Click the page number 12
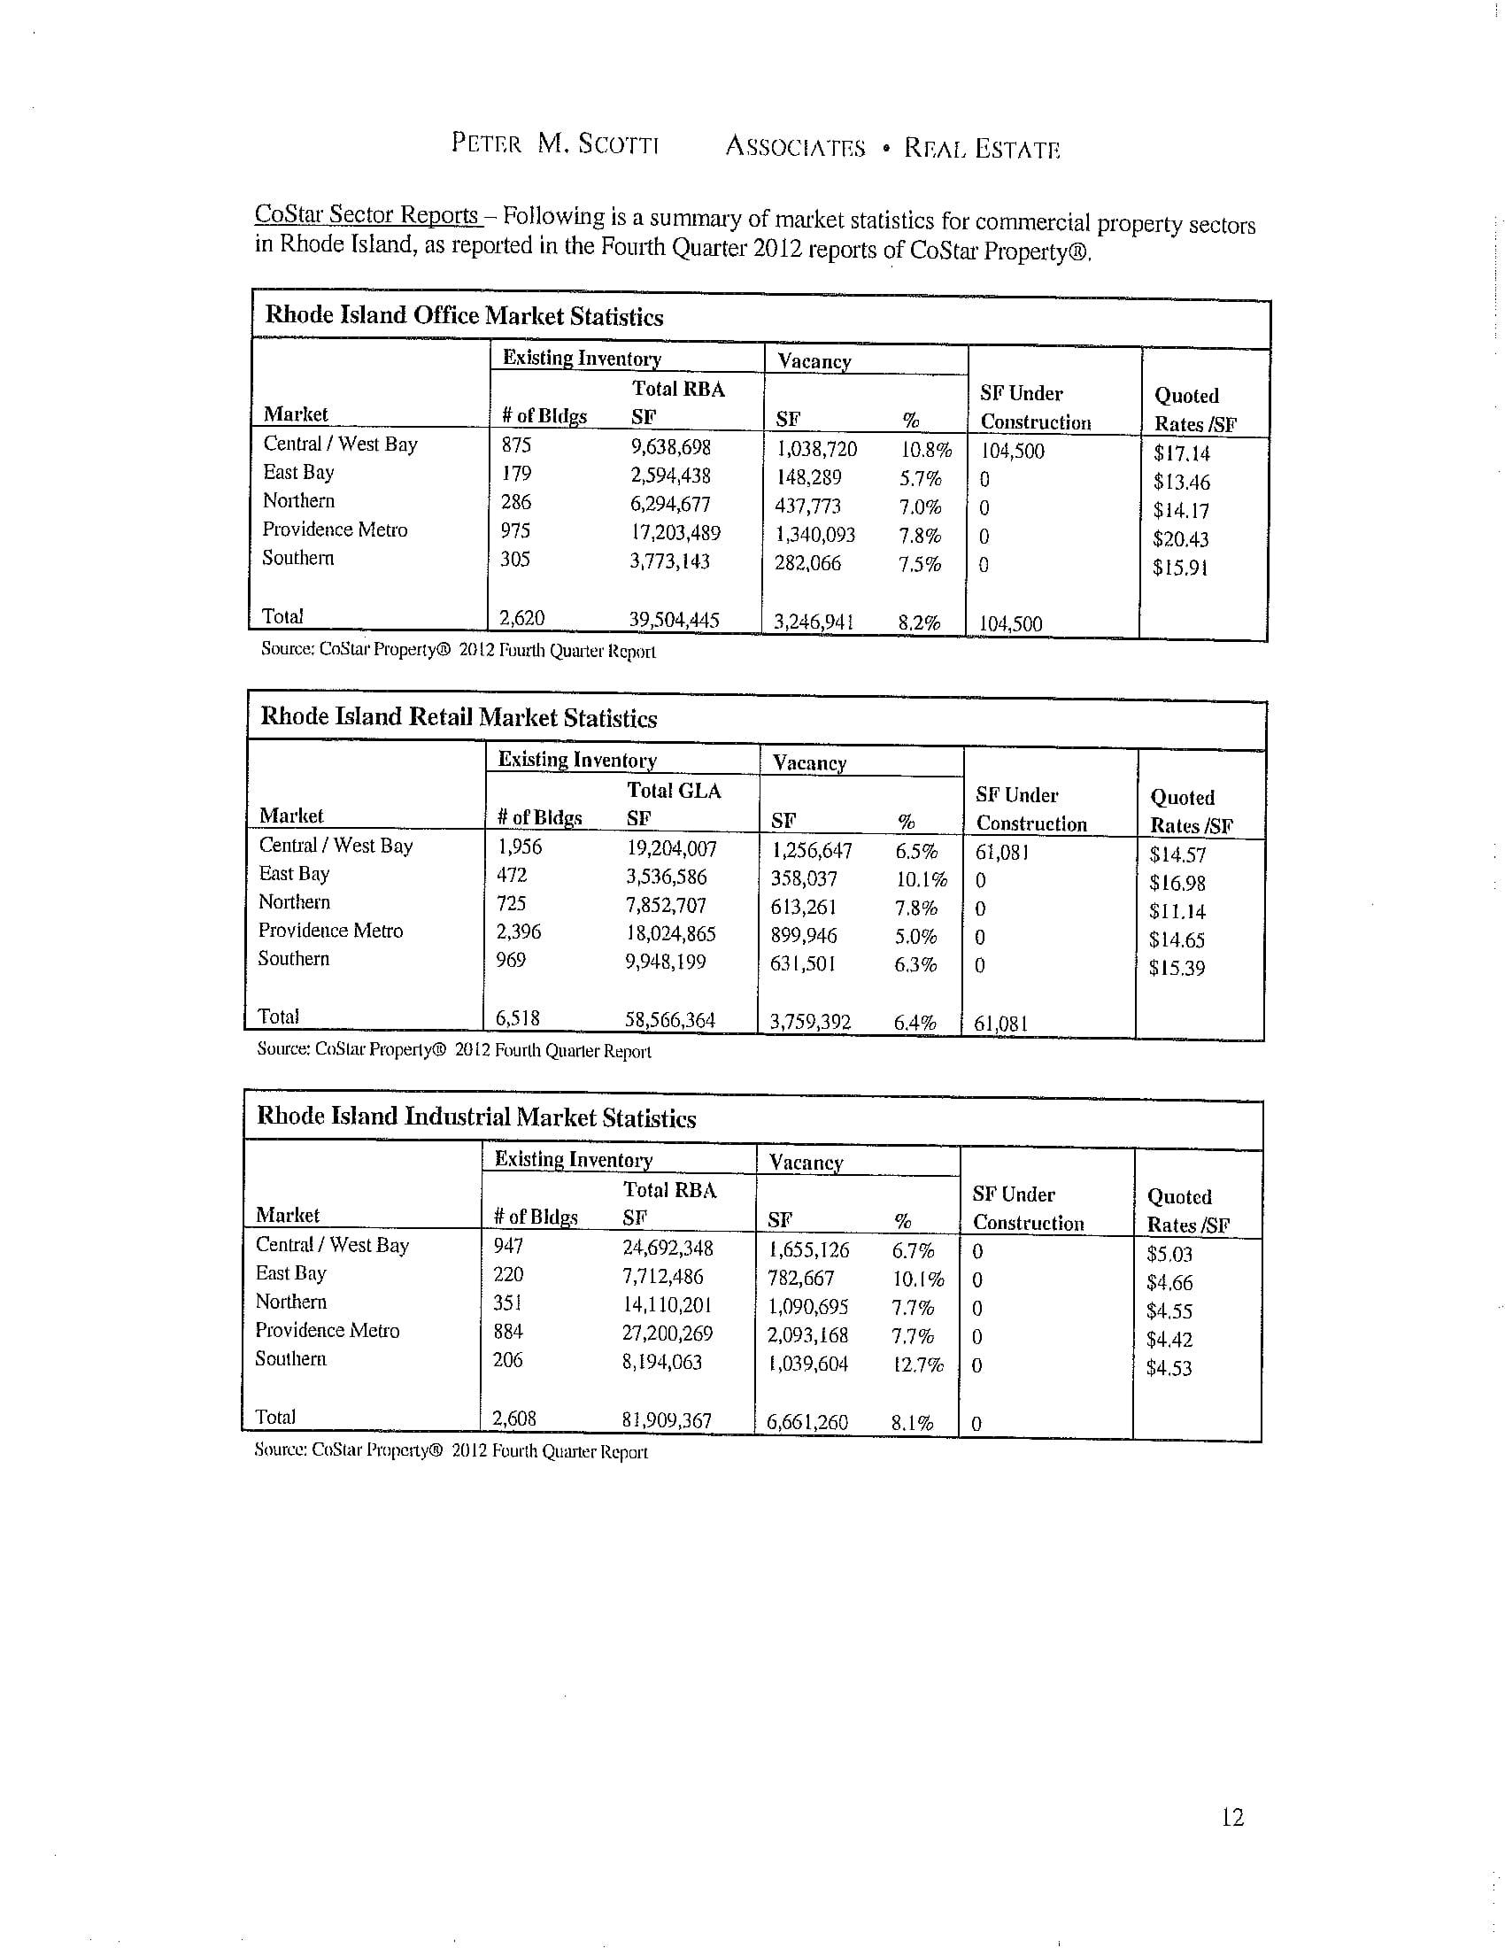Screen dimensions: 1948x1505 [1232, 1817]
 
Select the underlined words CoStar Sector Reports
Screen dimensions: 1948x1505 [367, 215]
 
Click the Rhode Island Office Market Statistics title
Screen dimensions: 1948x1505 [465, 316]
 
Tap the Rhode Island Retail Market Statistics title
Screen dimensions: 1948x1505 [459, 717]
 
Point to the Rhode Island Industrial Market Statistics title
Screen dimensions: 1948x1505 [476, 1117]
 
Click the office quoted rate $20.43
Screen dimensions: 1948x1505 [1180, 538]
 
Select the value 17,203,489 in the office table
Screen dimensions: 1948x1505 [675, 532]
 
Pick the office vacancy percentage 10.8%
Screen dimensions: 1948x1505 [925, 450]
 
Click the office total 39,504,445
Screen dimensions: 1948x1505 [674, 620]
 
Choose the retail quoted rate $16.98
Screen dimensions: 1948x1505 [1177, 883]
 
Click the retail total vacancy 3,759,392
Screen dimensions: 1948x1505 [810, 1022]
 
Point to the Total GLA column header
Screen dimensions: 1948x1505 [674, 791]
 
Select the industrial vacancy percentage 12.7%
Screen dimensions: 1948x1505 [917, 1364]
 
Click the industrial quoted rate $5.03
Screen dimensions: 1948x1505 [1169, 1254]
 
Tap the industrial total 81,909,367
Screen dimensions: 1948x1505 [667, 1420]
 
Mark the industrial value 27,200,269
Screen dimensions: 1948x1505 [668, 1333]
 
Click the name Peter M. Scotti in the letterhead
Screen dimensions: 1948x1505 [554, 143]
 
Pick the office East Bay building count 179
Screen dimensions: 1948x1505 [516, 473]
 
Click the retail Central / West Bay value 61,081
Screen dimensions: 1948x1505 [1002, 852]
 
